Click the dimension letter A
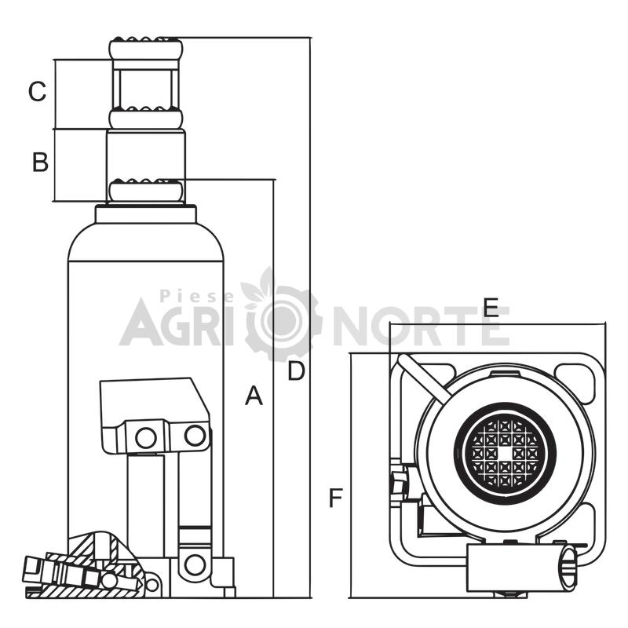tap(254, 396)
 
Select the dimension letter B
tap(40, 162)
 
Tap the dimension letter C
tap(37, 91)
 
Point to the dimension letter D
tap(297, 371)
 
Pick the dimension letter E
tap(491, 308)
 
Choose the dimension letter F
tap(336, 498)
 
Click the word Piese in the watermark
tap(197, 297)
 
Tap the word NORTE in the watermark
tap(422, 327)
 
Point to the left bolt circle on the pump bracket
tap(146, 437)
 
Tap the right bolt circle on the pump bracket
tap(195, 436)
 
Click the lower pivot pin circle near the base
tap(195, 564)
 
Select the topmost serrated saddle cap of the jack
tap(146, 48)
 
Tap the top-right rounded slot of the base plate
tap(575, 381)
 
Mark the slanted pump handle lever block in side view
tap(154, 415)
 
